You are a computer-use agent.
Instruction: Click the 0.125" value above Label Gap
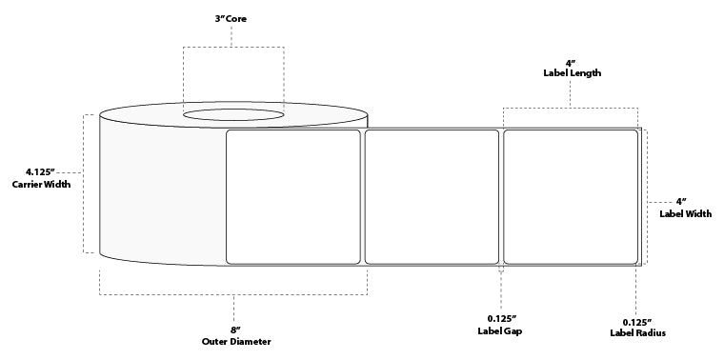pyautogui.click(x=501, y=318)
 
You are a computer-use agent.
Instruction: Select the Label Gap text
pyautogui.click(x=501, y=330)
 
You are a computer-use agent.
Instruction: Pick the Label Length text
pyautogui.click(x=570, y=71)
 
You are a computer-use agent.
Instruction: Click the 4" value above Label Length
pyautogui.click(x=570, y=60)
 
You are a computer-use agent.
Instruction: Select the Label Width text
pyautogui.click(x=685, y=213)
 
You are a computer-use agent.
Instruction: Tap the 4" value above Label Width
pyautogui.click(x=681, y=202)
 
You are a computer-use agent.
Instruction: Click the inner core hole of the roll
pyautogui.click(x=233, y=116)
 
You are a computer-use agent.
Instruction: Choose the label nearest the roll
pyautogui.click(x=292, y=196)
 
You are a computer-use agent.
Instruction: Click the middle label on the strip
pyautogui.click(x=432, y=196)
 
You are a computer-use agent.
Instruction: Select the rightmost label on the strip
pyautogui.click(x=570, y=196)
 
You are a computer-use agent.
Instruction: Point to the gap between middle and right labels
pyautogui.click(x=501, y=196)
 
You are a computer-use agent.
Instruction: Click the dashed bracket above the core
pyautogui.click(x=233, y=48)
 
